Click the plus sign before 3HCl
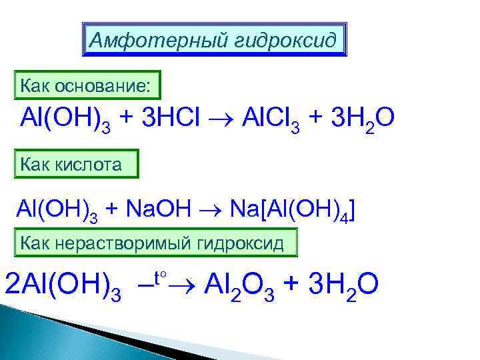pos(129,119)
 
